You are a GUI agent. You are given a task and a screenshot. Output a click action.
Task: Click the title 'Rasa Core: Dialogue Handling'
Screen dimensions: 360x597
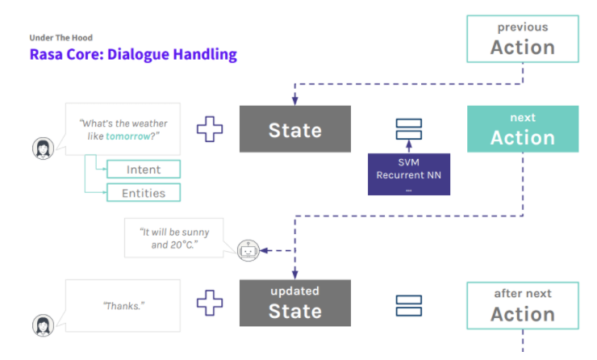click(x=133, y=56)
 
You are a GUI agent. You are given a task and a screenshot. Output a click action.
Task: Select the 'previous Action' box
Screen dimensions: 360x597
click(x=522, y=39)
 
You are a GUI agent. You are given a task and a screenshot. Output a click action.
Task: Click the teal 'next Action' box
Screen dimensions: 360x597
click(x=522, y=129)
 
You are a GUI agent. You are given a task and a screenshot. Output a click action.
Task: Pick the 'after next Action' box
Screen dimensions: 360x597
click(x=522, y=305)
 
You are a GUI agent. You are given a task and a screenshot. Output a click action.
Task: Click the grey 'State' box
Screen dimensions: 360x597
click(x=294, y=129)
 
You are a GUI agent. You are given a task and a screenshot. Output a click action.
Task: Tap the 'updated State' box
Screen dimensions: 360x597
click(x=294, y=303)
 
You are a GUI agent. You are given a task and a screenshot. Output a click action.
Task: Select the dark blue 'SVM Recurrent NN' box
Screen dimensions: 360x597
click(x=408, y=174)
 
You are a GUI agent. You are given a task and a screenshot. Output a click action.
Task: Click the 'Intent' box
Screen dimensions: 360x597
click(x=144, y=170)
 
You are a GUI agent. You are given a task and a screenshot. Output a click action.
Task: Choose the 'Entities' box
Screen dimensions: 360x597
click(x=144, y=193)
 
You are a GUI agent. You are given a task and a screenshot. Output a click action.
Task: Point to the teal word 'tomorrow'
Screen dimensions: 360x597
click(x=128, y=136)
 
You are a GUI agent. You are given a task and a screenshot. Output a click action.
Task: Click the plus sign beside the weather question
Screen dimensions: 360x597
click(x=210, y=129)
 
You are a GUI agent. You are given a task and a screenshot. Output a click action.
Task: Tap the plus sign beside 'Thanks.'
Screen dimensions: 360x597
click(x=210, y=303)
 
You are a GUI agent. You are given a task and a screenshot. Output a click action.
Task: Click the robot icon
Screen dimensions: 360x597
click(x=248, y=251)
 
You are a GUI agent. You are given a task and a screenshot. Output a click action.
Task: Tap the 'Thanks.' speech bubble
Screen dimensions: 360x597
click(x=121, y=307)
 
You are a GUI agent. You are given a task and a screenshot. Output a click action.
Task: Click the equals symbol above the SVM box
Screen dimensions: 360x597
click(x=408, y=129)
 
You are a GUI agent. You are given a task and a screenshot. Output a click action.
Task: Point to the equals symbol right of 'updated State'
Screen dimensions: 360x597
click(x=408, y=304)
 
